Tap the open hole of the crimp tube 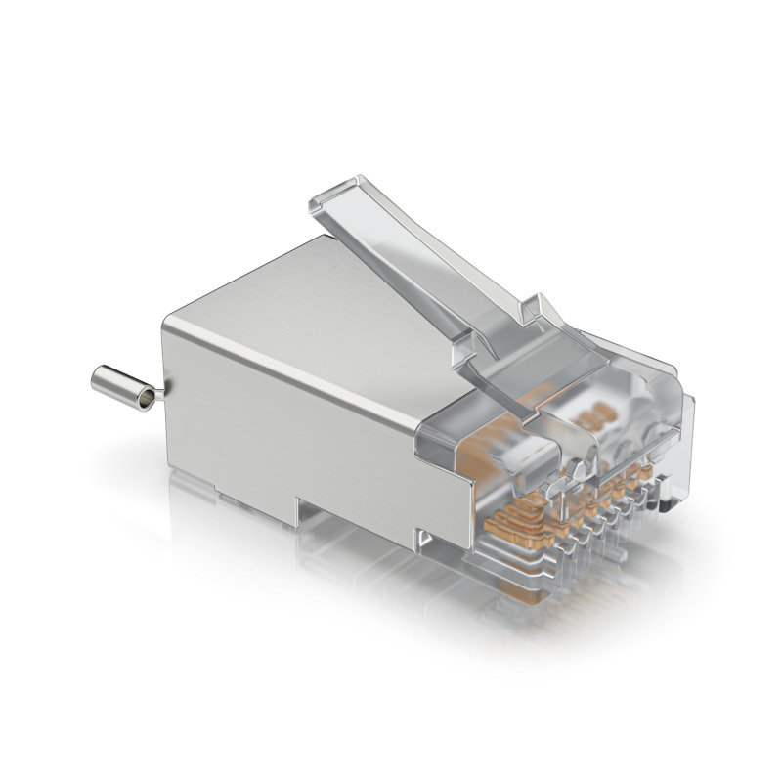147,398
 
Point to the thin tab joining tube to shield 161,392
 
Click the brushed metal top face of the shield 293,303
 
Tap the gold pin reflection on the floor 547,606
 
